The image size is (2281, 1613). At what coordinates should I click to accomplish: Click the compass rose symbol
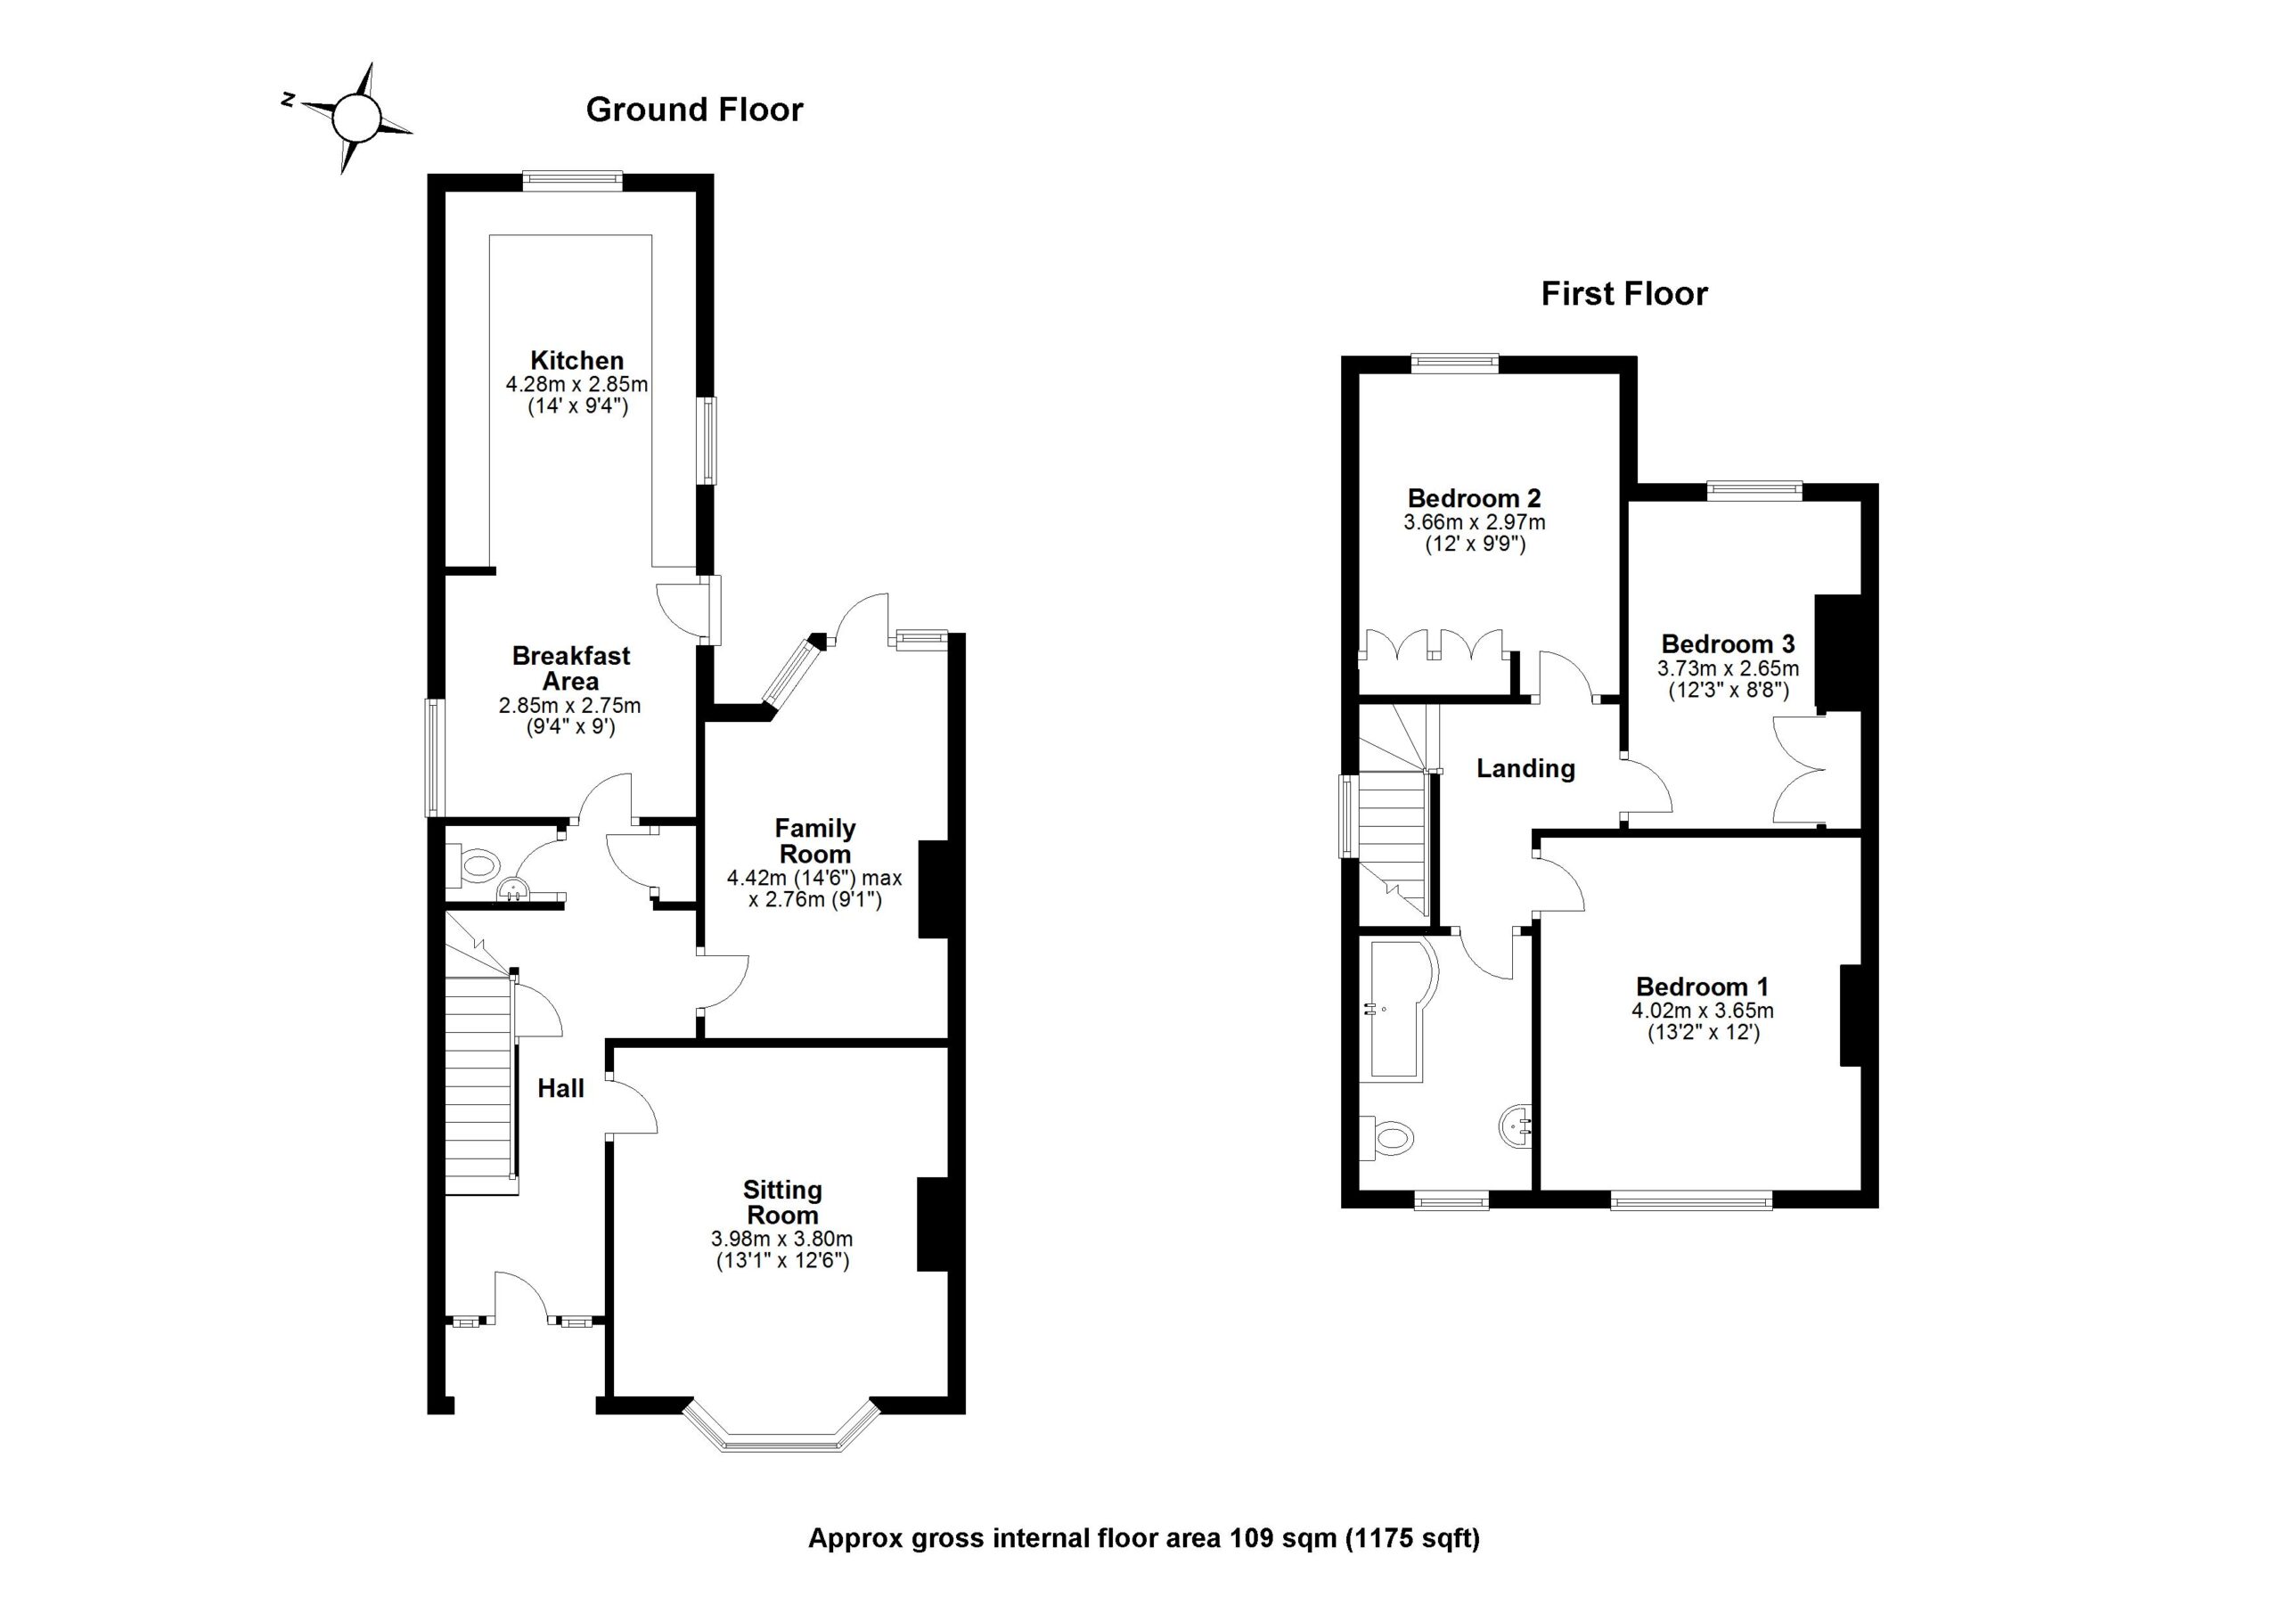(x=356, y=119)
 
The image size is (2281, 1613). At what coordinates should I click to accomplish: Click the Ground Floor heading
(x=693, y=110)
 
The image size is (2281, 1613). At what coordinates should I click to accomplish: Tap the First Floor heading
(x=1623, y=294)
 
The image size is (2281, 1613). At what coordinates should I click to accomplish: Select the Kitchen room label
(x=576, y=361)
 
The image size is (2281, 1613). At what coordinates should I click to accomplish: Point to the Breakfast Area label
(x=570, y=667)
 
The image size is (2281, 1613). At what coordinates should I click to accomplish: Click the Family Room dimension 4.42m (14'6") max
(x=813, y=878)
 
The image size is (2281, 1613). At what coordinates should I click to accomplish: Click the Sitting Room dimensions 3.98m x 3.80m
(x=781, y=1239)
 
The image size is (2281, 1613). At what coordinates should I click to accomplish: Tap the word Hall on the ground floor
(x=560, y=1088)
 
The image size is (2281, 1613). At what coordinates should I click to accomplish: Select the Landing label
(x=1525, y=768)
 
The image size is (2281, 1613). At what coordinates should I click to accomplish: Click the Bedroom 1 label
(x=1702, y=987)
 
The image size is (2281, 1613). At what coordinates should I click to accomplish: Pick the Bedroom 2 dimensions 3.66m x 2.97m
(x=1474, y=521)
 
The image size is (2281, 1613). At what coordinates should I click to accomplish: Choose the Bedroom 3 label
(x=1728, y=643)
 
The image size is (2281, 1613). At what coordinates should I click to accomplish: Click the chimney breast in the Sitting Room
(x=932, y=1224)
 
